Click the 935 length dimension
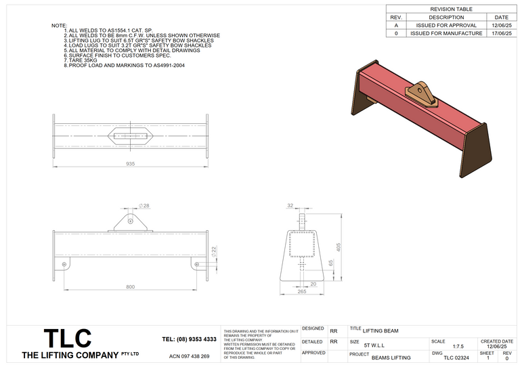pyautogui.click(x=130, y=165)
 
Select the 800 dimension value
pyautogui.click(x=130, y=288)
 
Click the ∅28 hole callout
pyautogui.click(x=144, y=204)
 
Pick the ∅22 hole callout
pyautogui.click(x=215, y=252)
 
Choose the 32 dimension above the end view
pyautogui.click(x=290, y=204)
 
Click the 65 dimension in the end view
pyautogui.click(x=331, y=263)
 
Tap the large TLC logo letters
pyautogui.click(x=68, y=339)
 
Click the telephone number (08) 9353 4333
pyautogui.click(x=190, y=339)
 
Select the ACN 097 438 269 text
pyautogui.click(x=189, y=356)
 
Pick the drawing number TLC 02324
pyautogui.click(x=456, y=357)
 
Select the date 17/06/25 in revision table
pyautogui.click(x=501, y=32)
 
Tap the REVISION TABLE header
pyautogui.click(x=452, y=9)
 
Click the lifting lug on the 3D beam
pyautogui.click(x=422, y=93)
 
